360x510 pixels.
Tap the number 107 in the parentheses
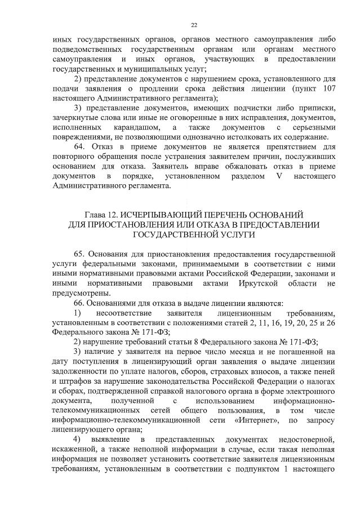328,88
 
